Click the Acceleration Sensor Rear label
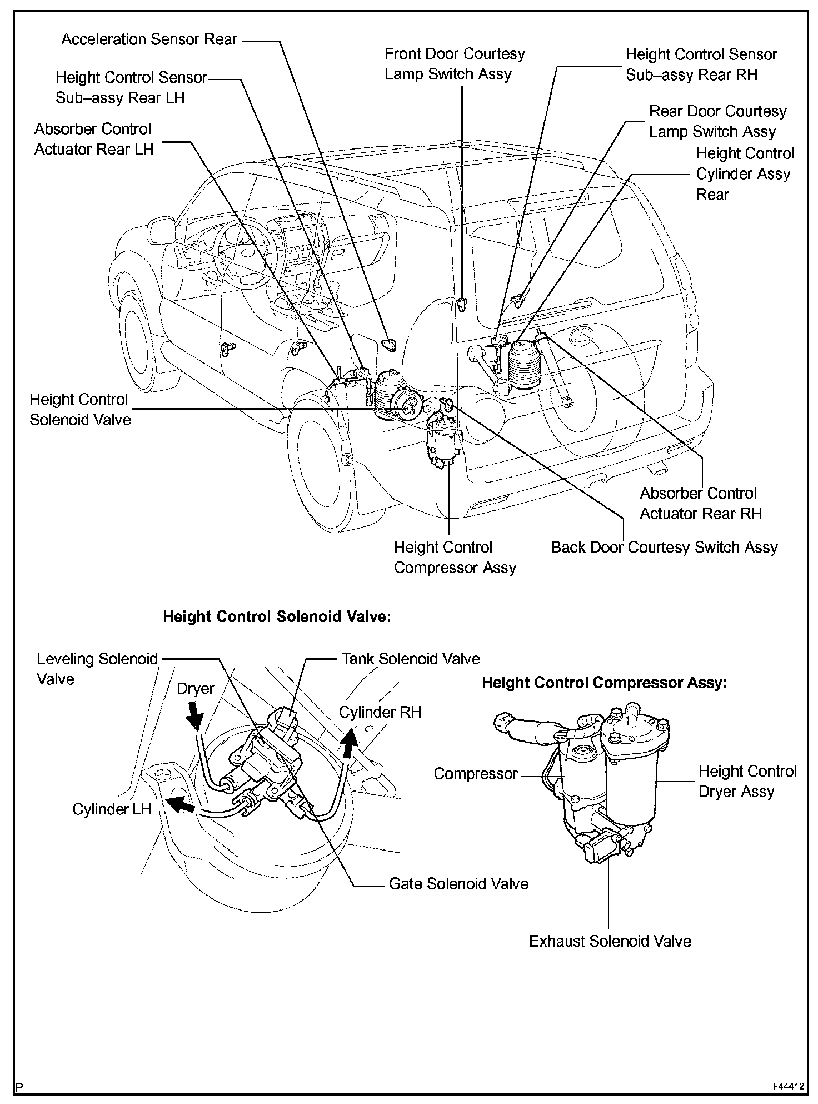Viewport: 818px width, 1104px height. tap(149, 39)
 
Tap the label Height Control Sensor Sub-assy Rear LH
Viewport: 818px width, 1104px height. tap(131, 87)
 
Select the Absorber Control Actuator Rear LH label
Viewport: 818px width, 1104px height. tap(93, 139)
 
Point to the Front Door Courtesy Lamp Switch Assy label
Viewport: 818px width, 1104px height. tap(455, 64)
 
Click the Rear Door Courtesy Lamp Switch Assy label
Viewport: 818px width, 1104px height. tap(717, 121)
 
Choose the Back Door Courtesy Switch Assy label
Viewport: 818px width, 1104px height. tap(664, 548)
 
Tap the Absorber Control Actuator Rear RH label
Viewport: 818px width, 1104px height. tap(700, 503)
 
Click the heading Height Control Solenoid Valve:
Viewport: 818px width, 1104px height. tap(277, 617)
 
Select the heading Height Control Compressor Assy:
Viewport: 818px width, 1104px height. tap(604, 683)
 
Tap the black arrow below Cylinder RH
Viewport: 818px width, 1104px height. tap(350, 743)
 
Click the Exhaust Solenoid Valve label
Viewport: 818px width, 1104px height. tap(610, 941)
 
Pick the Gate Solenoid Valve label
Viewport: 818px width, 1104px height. tap(458, 884)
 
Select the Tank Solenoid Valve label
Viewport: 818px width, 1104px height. tap(410, 659)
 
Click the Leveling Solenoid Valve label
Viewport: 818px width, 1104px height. tap(97, 669)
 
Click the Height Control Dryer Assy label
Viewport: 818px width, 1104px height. tap(747, 781)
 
